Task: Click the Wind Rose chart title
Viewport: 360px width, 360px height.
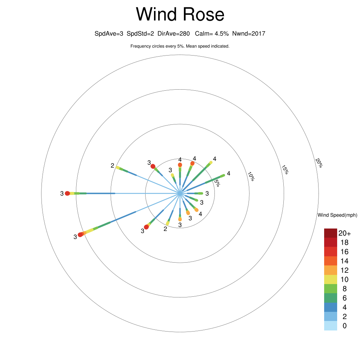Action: [x=180, y=14]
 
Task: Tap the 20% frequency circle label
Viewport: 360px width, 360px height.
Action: [x=319, y=163]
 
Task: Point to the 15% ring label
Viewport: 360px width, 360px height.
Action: [x=285, y=170]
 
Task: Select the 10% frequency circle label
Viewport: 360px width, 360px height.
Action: [x=251, y=176]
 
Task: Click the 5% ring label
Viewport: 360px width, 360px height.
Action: [x=217, y=183]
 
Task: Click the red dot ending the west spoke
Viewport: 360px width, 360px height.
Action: [x=67, y=193]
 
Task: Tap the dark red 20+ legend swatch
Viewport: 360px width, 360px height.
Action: [x=330, y=233]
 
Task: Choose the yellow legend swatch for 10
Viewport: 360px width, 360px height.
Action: [x=330, y=279]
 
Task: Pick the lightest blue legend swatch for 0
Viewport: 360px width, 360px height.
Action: [x=330, y=326]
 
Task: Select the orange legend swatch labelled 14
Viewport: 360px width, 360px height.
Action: [x=330, y=261]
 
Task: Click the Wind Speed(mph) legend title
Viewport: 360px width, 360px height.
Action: [x=337, y=215]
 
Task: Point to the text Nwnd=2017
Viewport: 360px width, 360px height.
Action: [x=249, y=33]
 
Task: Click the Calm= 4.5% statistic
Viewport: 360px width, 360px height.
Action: [x=212, y=33]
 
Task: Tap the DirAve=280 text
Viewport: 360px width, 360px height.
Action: [x=174, y=33]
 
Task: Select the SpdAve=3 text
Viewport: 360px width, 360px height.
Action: [x=109, y=33]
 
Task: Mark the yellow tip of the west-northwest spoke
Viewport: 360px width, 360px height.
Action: [x=118, y=167]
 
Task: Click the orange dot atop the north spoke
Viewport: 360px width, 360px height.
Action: [x=180, y=165]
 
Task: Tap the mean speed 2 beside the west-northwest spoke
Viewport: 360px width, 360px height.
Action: [x=112, y=165]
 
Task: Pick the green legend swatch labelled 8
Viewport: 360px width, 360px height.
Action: [x=330, y=289]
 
